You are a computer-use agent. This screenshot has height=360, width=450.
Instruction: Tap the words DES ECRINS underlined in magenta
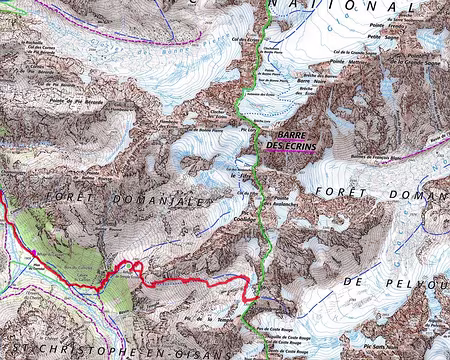pyautogui.click(x=290, y=146)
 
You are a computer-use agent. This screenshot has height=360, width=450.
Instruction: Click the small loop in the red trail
pyautogui.click(x=133, y=265)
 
